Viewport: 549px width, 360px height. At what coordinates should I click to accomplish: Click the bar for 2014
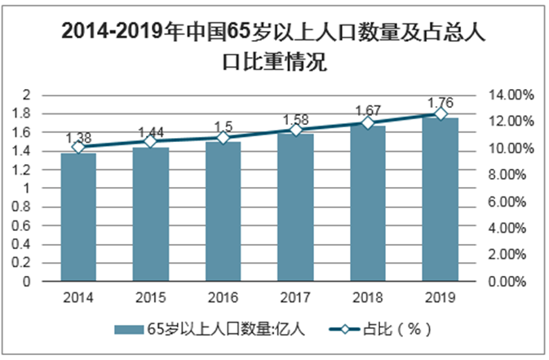click(x=78, y=217)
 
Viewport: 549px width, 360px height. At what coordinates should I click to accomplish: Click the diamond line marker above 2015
click(x=151, y=141)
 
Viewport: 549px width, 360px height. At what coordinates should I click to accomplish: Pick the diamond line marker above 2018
click(x=368, y=122)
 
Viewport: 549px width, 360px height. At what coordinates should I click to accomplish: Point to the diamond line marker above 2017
click(x=295, y=130)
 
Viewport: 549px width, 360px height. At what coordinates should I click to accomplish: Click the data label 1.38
click(x=78, y=137)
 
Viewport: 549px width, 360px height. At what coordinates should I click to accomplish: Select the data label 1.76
click(x=441, y=104)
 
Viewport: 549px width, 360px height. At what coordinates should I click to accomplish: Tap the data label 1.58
click(x=295, y=120)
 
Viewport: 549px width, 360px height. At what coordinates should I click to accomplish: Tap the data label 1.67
click(x=368, y=111)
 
